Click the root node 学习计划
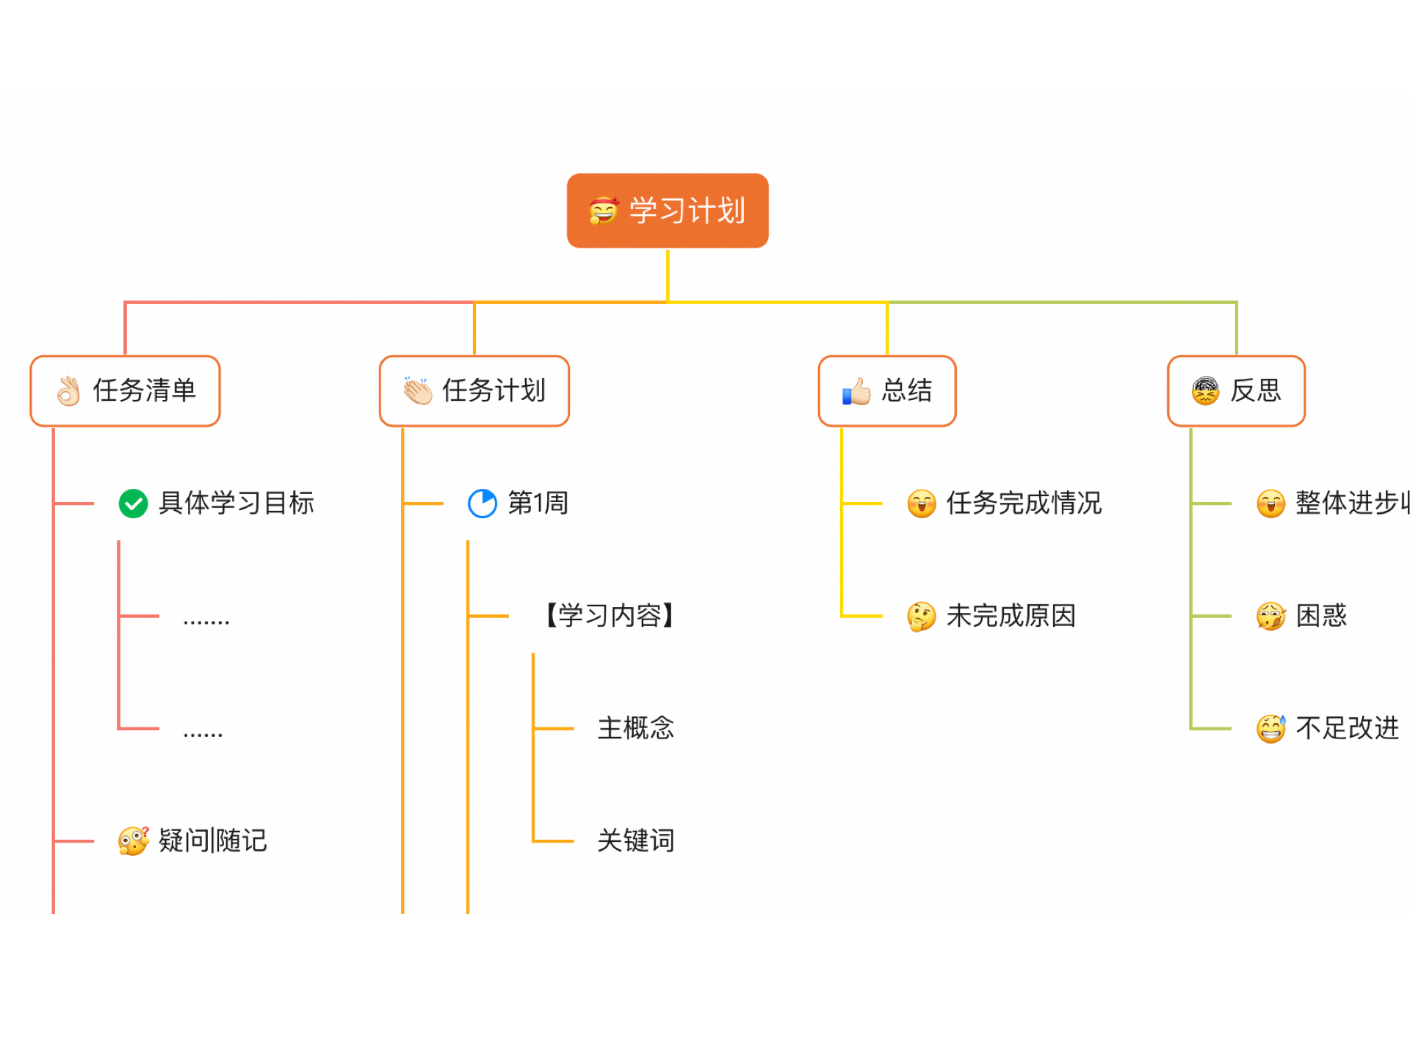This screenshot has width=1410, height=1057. pos(668,211)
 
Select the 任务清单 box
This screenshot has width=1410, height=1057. pos(125,391)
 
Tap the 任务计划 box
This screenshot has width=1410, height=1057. pos(474,391)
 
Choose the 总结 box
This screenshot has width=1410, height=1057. pos(887,391)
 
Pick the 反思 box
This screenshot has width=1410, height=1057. pos(1237,391)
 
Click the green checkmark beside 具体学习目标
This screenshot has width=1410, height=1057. pos(134,504)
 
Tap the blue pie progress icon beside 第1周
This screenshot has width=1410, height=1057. pos(482,504)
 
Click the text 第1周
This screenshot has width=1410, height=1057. pos(538,504)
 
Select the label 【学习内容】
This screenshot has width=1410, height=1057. pos(610,616)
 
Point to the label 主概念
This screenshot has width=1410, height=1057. pos(636,728)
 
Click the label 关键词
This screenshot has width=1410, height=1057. pos(636,840)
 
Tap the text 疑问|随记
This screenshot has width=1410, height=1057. pos(213,840)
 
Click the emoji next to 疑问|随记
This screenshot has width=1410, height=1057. pos(134,841)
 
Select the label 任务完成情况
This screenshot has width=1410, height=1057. pos(1024,504)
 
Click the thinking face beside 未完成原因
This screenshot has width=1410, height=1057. pos(922,617)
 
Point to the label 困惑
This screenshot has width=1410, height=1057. pos(1322,616)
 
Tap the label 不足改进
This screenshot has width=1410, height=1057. pos(1348,728)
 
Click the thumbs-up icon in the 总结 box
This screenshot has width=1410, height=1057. pos(856,391)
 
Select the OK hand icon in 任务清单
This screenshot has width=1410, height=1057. pos(69,391)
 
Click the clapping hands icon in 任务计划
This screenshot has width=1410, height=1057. pos(418,391)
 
